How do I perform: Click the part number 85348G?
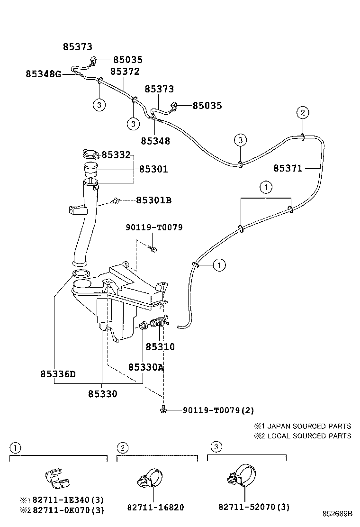(x=43, y=74)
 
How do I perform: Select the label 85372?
(x=125, y=71)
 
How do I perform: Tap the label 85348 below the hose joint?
(x=155, y=141)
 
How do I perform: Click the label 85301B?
(x=153, y=200)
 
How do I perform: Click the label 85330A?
(x=146, y=367)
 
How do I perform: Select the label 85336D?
(x=58, y=373)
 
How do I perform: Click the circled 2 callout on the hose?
(x=303, y=112)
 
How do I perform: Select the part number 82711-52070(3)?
(x=254, y=507)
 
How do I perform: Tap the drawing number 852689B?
(x=338, y=514)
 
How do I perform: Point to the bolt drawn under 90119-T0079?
(x=153, y=248)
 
